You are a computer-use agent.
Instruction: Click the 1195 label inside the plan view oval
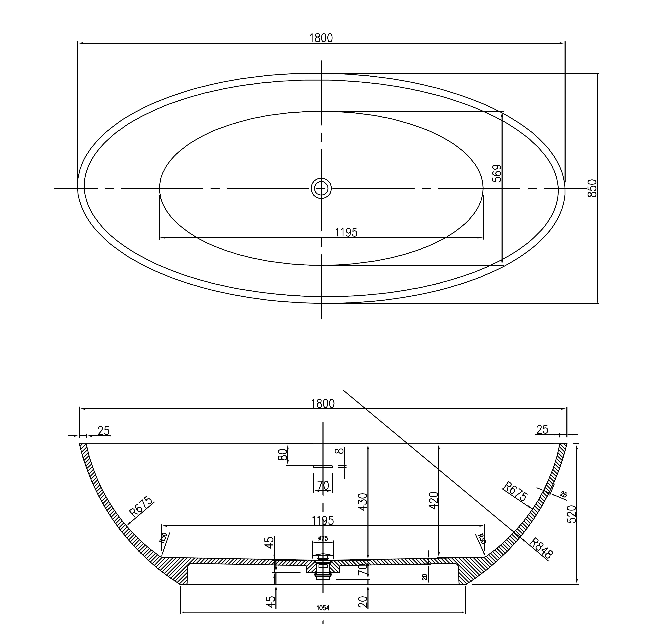coord(346,232)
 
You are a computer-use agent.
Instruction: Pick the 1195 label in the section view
coord(323,521)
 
